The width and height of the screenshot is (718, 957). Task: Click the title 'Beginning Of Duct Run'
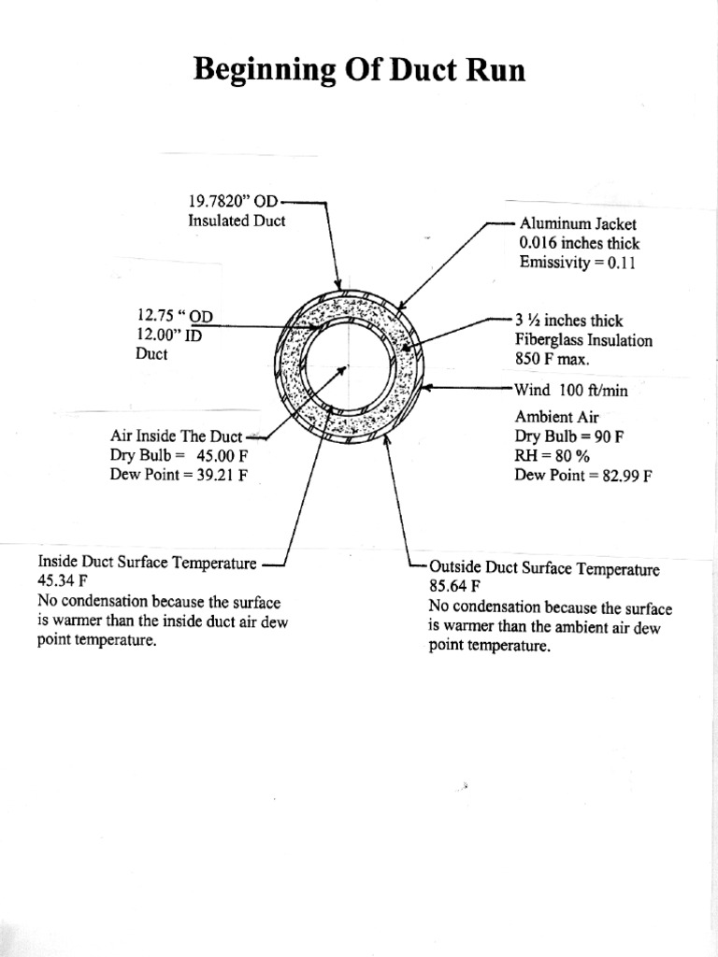pos(359,69)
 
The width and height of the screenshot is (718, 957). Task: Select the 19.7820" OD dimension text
pos(233,201)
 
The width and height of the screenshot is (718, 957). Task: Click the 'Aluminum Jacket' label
pos(577,224)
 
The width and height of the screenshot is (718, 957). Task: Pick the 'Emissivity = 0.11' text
pos(576,263)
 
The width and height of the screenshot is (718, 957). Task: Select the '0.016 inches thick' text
pos(579,243)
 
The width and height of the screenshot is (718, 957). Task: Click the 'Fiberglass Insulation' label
pos(583,340)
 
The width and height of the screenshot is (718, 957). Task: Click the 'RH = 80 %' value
pos(553,455)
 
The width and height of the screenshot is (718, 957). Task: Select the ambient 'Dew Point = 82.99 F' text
pos(582,475)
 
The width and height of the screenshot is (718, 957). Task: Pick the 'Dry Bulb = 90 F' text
pos(569,436)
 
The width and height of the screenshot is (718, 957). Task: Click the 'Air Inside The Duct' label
pos(176,436)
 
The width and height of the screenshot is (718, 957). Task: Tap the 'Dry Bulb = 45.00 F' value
pos(179,455)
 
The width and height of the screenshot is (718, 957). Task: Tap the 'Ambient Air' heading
pos(556,417)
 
